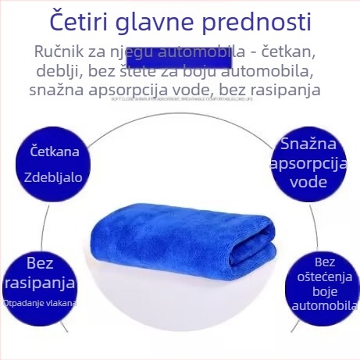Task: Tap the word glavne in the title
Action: click(169, 21)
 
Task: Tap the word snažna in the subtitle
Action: click(57, 91)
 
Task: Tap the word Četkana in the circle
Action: click(54, 150)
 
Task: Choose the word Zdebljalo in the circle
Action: click(55, 176)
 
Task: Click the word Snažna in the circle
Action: click(308, 144)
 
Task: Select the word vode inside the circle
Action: click(308, 182)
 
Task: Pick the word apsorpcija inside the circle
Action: click(310, 163)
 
